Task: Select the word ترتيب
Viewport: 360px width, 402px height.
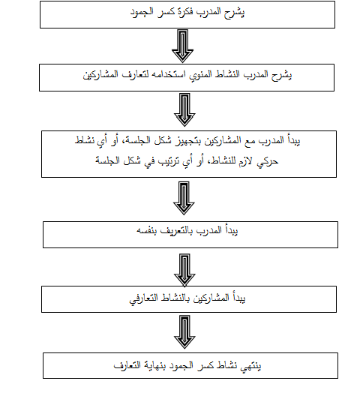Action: click(169, 161)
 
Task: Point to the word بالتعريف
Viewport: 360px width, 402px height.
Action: click(177, 231)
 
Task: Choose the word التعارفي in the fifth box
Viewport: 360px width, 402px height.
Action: click(143, 298)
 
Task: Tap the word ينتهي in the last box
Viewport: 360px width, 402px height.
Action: click(250, 365)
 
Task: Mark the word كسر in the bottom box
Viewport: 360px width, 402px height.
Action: click(206, 365)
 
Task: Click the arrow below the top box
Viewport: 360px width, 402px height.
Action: click(182, 46)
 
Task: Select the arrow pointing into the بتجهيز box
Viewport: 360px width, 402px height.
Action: click(184, 109)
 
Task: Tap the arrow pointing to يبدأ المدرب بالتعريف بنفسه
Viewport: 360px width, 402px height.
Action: click(184, 198)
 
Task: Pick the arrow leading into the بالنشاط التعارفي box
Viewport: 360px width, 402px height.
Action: click(184, 270)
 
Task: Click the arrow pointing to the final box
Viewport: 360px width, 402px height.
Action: click(184, 332)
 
